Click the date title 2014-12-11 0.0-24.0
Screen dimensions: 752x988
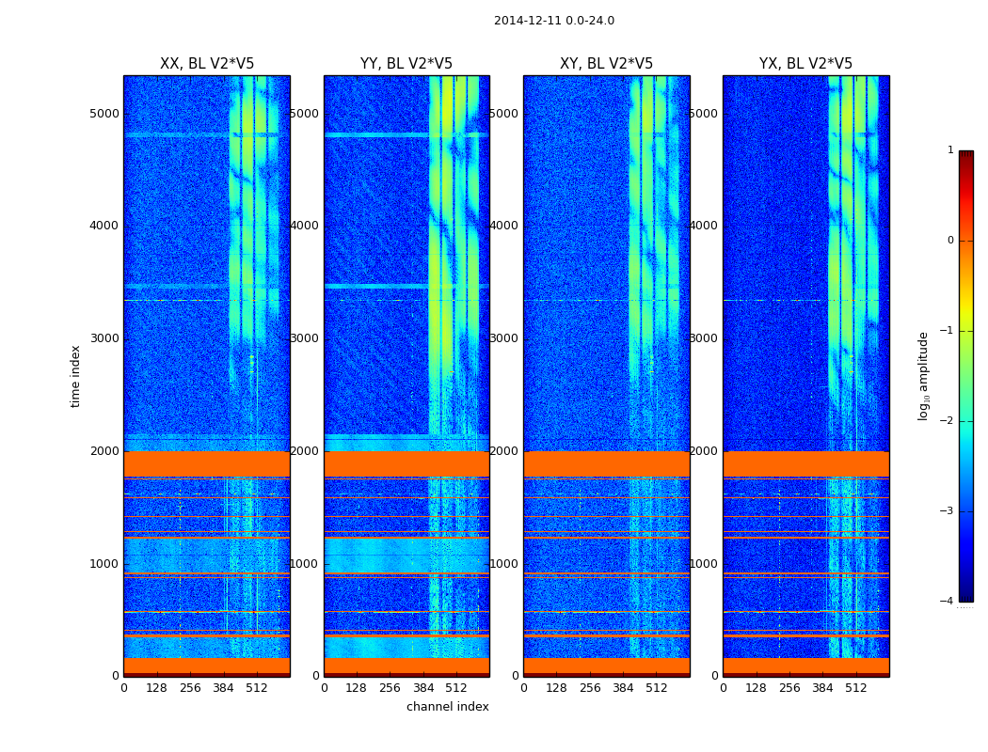tap(553, 21)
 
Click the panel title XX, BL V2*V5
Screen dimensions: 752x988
tap(207, 64)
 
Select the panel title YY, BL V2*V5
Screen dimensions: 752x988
tap(406, 64)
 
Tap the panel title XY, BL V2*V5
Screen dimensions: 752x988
tap(606, 64)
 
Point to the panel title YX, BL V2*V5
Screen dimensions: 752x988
tap(805, 64)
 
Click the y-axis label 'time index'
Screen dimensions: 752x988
tap(75, 376)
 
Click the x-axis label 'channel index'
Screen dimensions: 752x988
tap(448, 707)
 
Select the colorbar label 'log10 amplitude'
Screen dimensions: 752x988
tap(924, 376)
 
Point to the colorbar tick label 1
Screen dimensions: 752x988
tap(950, 150)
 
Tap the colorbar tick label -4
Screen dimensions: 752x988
tap(948, 602)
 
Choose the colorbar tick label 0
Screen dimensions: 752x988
tap(950, 241)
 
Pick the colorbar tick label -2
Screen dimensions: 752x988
tap(948, 421)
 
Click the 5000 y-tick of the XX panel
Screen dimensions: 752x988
tap(104, 114)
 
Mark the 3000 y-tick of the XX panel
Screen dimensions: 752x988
tap(104, 338)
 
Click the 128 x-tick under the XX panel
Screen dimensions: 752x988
tap(156, 688)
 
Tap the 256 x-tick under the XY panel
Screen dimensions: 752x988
tap(590, 688)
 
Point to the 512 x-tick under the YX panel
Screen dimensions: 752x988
tap(856, 688)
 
